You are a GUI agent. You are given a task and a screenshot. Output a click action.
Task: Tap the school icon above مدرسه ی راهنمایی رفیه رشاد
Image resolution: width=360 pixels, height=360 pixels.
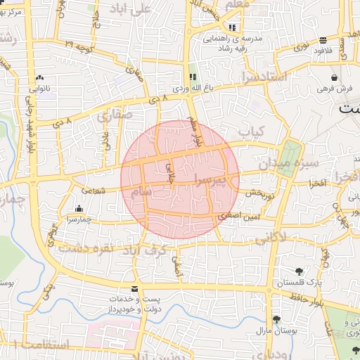coord(232,28)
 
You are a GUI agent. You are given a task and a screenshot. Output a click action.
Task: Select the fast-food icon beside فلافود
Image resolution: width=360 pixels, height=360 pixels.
coord(323,40)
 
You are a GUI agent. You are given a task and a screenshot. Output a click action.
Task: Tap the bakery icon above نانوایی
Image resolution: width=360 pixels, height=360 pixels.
coord(39,79)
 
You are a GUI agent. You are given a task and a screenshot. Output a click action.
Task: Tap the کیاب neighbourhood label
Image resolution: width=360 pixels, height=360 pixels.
coord(251,131)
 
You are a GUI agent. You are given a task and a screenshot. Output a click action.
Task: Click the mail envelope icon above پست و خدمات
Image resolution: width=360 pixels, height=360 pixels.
coord(134,289)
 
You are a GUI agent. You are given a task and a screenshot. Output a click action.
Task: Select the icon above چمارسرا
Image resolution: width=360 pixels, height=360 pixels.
coord(78,208)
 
